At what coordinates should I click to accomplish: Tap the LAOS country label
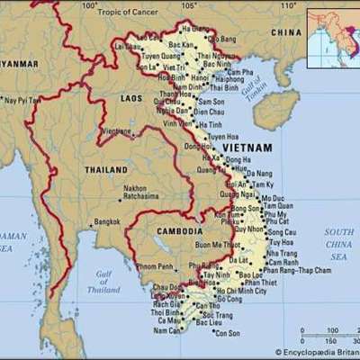131,96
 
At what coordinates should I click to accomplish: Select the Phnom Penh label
155,267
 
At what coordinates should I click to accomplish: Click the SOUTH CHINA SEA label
338,244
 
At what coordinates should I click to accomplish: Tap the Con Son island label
229,333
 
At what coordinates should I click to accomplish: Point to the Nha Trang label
283,254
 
